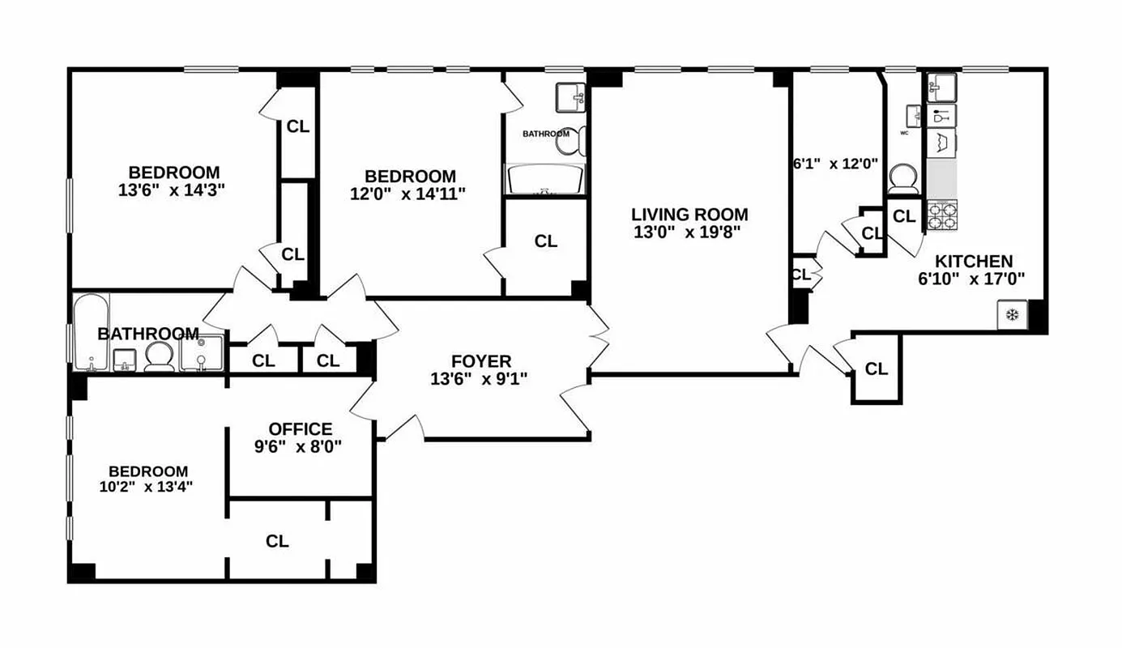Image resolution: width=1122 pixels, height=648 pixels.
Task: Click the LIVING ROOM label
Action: tap(689, 215)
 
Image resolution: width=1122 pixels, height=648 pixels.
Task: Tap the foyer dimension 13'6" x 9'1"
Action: tap(480, 378)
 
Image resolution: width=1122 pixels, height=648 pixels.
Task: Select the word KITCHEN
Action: tap(973, 262)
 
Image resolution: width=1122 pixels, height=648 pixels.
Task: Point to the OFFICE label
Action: tap(301, 429)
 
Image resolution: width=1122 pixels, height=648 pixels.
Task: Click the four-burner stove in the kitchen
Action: tap(942, 215)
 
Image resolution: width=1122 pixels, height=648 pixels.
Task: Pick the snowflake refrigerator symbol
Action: tap(1012, 315)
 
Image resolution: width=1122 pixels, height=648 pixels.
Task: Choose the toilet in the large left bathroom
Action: tap(160, 356)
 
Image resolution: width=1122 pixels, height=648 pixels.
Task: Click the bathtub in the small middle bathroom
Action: tap(544, 180)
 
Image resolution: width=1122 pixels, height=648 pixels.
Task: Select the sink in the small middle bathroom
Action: tap(571, 98)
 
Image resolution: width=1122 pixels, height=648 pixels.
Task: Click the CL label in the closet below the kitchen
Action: tap(876, 369)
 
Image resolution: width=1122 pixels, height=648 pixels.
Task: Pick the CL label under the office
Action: tap(277, 541)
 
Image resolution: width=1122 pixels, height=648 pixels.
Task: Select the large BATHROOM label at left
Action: tap(148, 334)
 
